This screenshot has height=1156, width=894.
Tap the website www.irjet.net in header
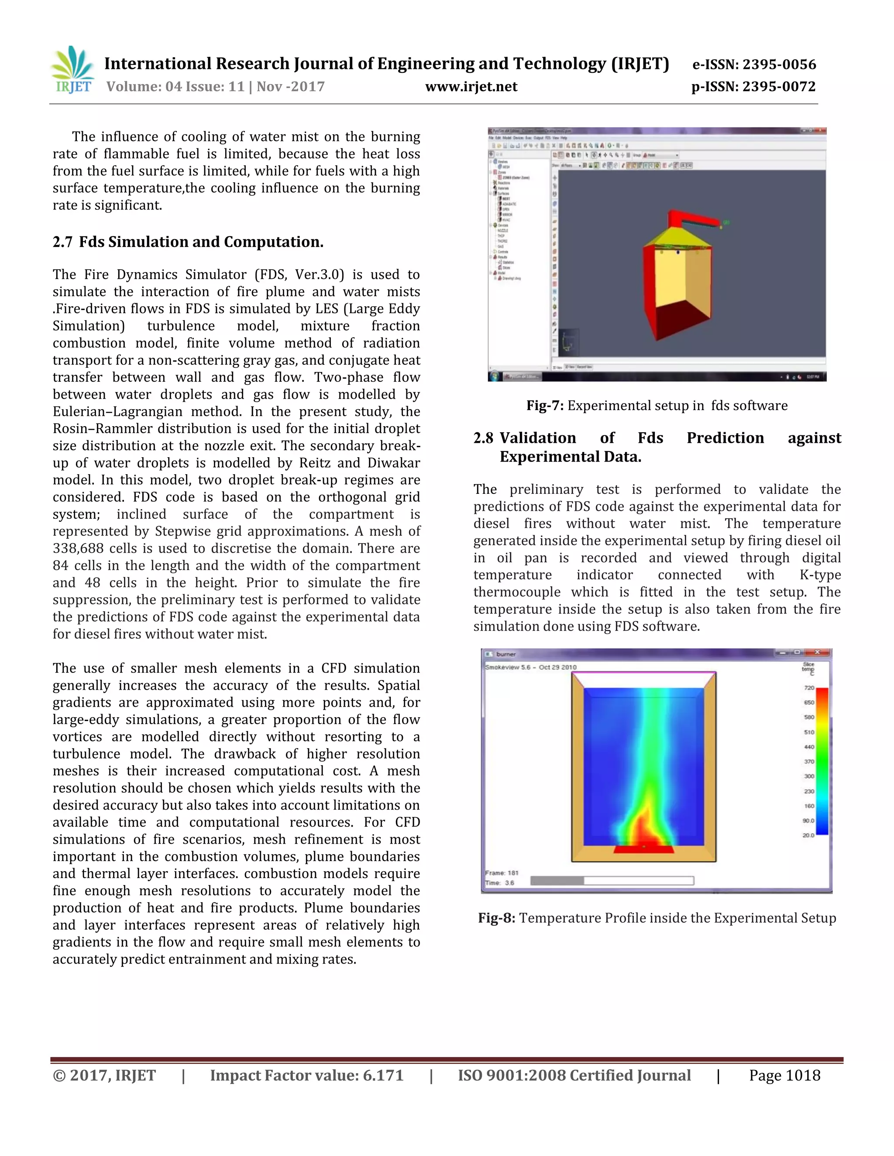click(471, 87)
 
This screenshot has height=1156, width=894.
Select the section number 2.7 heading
click(62, 242)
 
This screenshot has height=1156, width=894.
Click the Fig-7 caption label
click(544, 405)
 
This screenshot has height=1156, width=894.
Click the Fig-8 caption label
click(496, 918)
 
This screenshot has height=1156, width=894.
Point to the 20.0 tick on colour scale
click(808, 835)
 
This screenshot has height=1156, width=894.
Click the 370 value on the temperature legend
click(809, 762)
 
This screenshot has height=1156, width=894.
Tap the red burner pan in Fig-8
click(643, 849)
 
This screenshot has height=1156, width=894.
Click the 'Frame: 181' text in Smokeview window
click(502, 873)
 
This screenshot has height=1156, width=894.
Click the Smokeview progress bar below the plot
click(612, 881)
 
